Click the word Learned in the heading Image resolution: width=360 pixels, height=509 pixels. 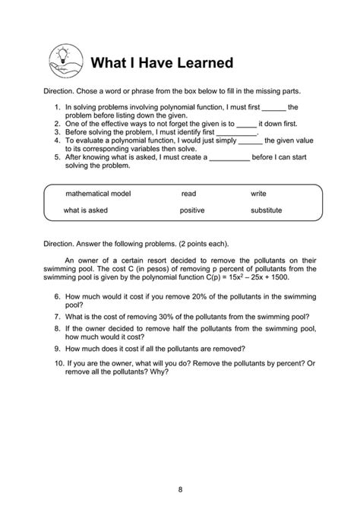199,62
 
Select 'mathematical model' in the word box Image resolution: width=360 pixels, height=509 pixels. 98,194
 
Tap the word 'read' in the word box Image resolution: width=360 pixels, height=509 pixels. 188,194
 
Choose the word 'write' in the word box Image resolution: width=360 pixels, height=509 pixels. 258,194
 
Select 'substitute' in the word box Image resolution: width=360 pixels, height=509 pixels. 266,210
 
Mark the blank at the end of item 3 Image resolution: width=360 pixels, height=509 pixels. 237,131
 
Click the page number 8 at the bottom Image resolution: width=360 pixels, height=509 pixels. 180,488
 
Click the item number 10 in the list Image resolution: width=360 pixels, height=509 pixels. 59,365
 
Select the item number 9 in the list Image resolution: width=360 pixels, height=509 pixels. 58,349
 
